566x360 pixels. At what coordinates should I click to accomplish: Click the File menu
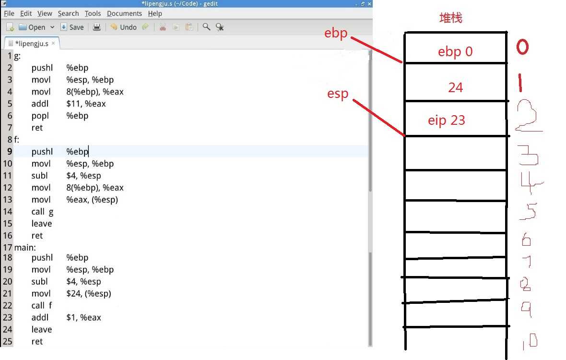click(9, 14)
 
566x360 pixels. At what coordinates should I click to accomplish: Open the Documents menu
click(124, 14)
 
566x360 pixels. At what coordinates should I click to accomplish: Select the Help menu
click(155, 14)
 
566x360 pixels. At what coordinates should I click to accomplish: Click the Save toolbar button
click(72, 27)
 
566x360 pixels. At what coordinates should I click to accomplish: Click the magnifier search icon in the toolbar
click(206, 27)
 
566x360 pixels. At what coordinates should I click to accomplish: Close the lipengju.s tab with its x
click(53, 43)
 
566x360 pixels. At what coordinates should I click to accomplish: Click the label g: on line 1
click(17, 56)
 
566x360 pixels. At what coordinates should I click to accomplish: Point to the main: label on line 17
click(25, 247)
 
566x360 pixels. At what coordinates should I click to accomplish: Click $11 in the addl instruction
click(73, 104)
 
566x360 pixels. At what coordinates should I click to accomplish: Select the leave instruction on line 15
click(42, 224)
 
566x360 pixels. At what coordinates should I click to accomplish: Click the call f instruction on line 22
click(42, 305)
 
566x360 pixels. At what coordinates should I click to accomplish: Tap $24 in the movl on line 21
click(74, 294)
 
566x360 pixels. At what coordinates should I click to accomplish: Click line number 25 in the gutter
click(7, 341)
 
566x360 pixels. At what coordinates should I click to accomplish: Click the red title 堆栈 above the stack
click(451, 18)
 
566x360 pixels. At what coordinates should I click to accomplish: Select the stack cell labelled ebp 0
click(456, 48)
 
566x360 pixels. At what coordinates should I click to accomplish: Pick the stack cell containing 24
click(456, 83)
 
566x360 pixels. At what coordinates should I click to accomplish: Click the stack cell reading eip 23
click(456, 119)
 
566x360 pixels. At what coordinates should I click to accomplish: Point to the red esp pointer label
click(338, 94)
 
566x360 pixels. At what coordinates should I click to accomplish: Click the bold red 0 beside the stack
click(522, 47)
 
